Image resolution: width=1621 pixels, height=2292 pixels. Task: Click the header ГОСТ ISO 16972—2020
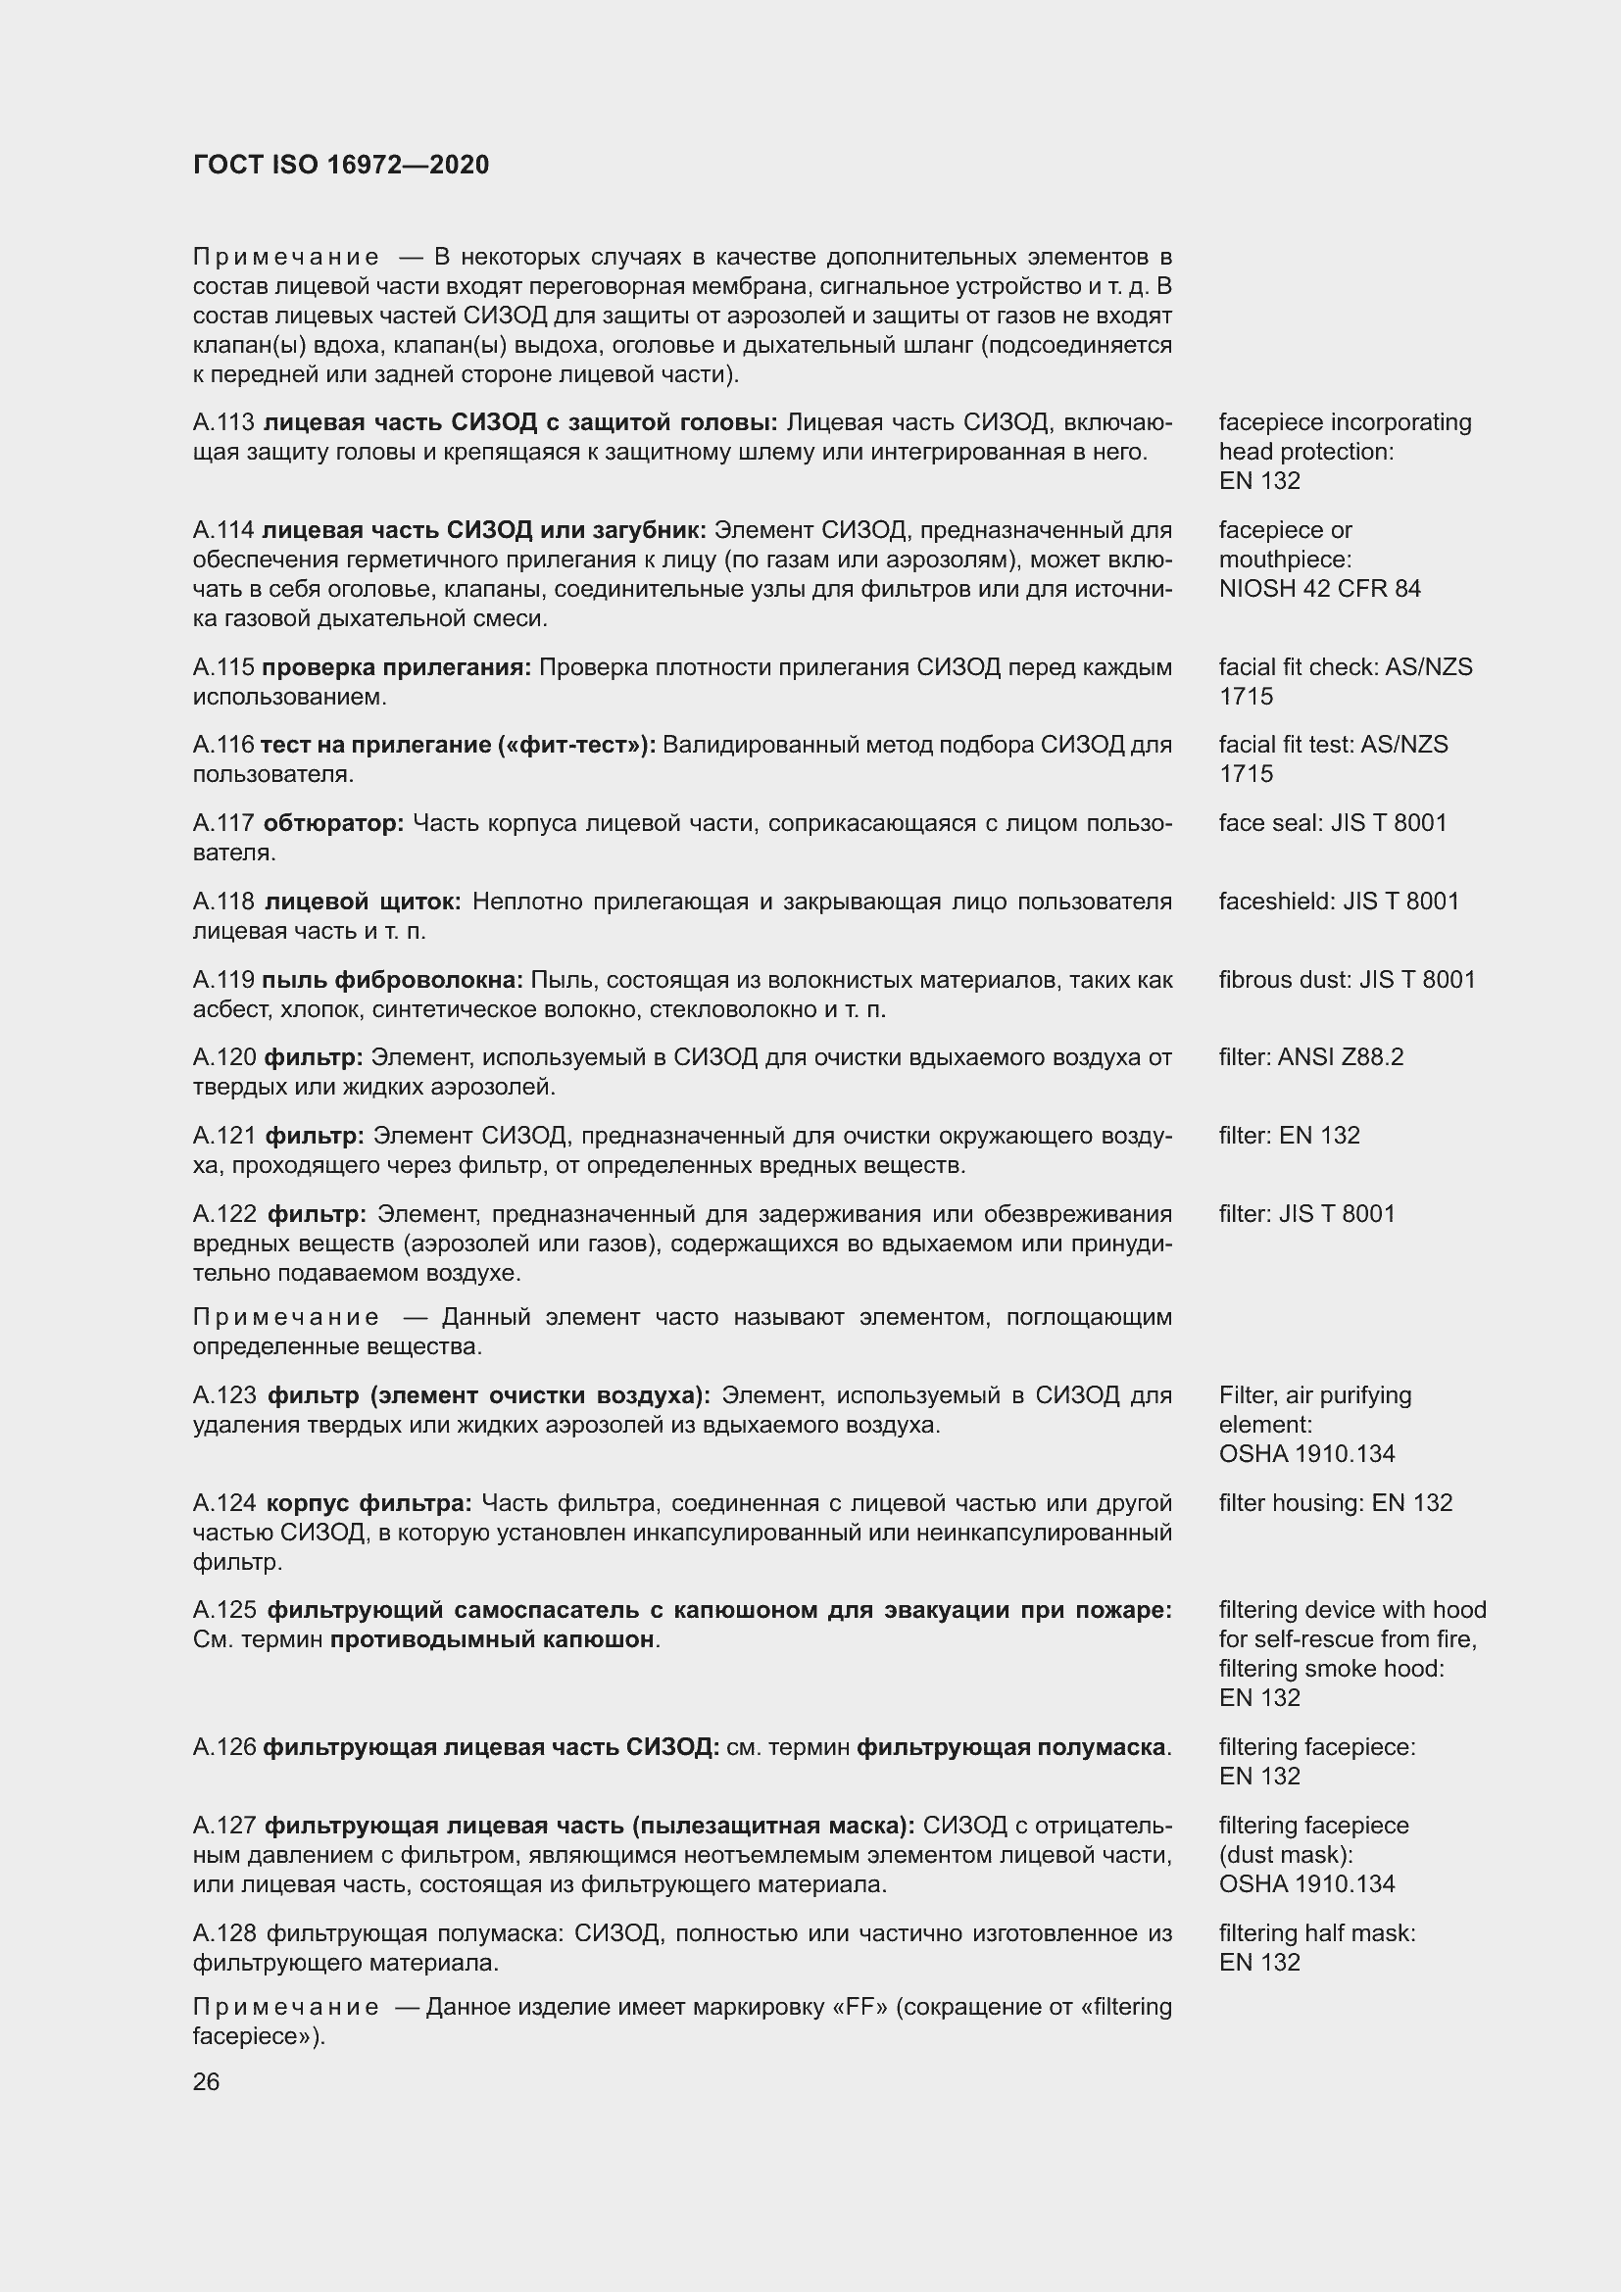coord(340,165)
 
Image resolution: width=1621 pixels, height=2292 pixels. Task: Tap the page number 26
coord(206,2081)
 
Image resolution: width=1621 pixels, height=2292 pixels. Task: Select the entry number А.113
coord(223,422)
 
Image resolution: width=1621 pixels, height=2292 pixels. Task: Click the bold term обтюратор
coord(333,823)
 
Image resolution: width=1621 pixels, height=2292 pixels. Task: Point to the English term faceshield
coord(1276,902)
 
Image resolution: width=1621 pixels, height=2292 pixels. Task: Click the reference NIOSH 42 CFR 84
coord(1318,588)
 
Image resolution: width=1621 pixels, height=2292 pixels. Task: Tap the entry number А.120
coord(224,1057)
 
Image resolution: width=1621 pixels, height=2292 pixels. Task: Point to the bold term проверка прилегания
coord(396,667)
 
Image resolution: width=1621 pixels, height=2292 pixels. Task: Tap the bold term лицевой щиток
coord(363,902)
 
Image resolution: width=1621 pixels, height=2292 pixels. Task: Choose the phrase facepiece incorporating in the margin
coord(1344,422)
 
